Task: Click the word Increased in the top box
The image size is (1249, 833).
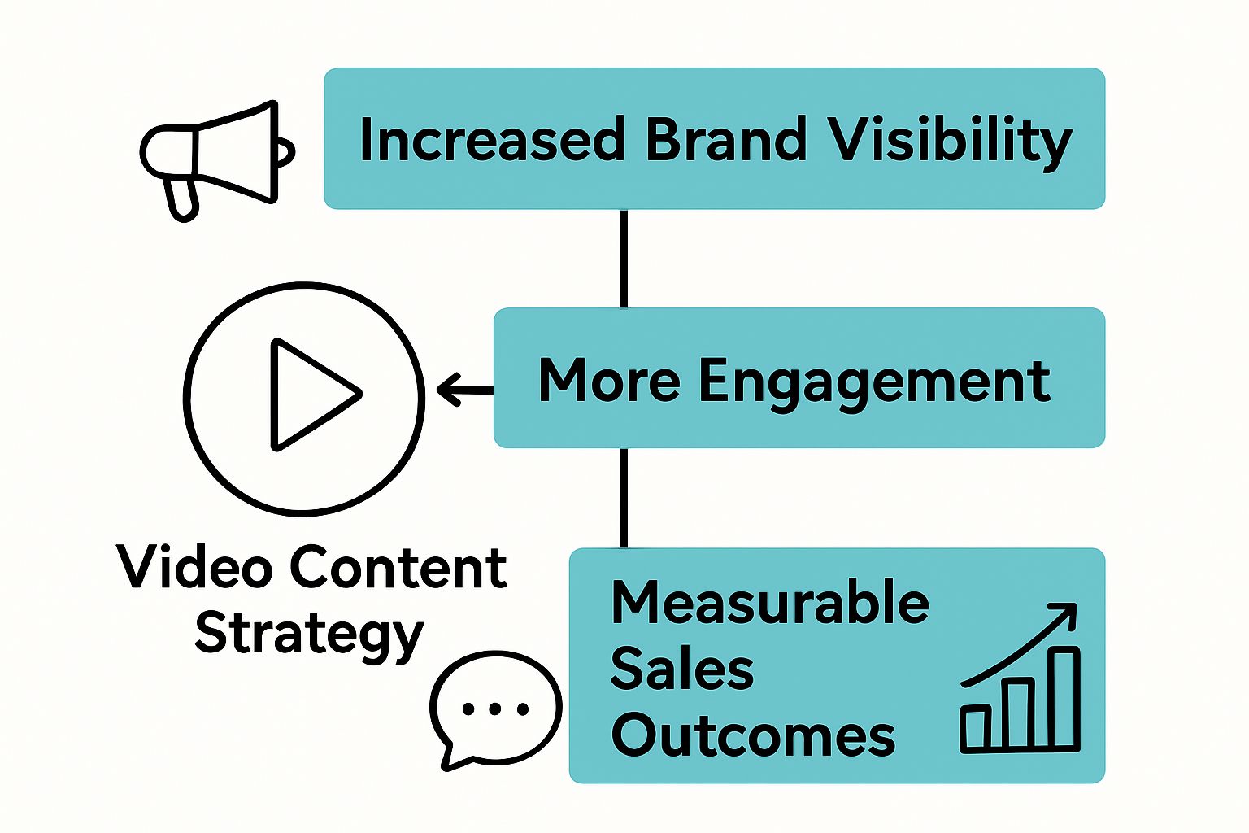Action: pos(491,139)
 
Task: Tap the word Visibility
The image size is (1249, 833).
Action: pos(950,141)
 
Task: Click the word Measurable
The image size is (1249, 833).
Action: pos(769,603)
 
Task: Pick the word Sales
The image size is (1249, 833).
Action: pos(681,669)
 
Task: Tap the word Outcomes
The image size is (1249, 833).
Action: pos(753,735)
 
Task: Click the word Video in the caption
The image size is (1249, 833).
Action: pos(194,567)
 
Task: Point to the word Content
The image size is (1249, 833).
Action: pos(398,567)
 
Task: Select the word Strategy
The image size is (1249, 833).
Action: pos(309,635)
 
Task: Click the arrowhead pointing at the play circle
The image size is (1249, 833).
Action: pos(449,390)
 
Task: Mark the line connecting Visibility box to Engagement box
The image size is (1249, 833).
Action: pos(624,258)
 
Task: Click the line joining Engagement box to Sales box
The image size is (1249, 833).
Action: pos(624,497)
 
